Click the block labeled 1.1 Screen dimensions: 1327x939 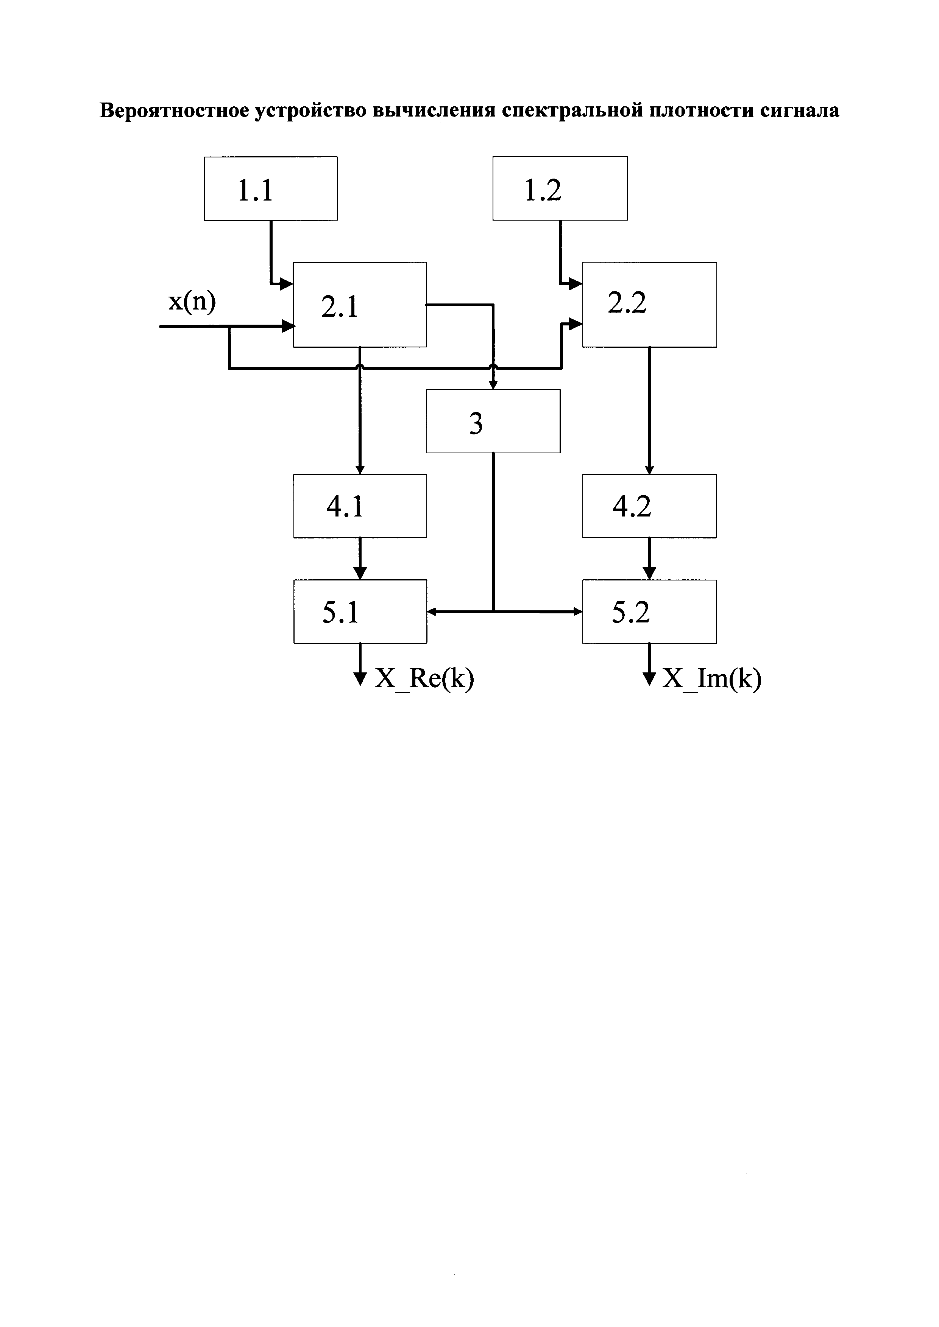(271, 188)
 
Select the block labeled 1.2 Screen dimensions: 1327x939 (560, 188)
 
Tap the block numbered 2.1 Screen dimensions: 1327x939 (360, 305)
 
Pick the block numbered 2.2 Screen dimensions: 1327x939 (649, 305)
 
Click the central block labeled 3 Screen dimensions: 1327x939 (493, 422)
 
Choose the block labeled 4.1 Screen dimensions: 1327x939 (360, 506)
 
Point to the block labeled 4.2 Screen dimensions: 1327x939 (649, 506)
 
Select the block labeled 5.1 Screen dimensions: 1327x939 (360, 611)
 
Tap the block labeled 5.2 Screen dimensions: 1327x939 (649, 611)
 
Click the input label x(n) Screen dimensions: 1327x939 (192, 302)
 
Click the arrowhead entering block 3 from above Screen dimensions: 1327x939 (493, 385)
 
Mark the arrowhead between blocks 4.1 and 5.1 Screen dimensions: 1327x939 (360, 573)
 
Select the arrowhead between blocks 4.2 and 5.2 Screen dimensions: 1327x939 (649, 573)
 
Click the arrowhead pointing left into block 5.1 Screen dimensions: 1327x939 (431, 611)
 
